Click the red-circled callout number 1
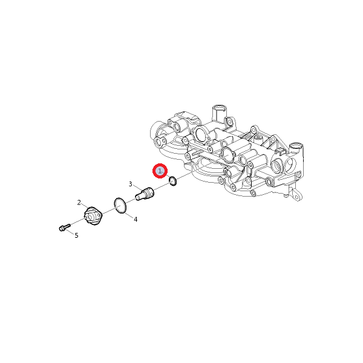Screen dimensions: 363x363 (160, 171)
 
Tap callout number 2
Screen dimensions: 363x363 (79, 203)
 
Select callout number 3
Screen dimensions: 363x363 (130, 184)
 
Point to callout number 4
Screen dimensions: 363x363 (136, 219)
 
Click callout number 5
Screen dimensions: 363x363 (76, 235)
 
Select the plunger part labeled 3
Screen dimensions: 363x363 (145, 194)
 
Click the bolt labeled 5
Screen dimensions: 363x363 (64, 227)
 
